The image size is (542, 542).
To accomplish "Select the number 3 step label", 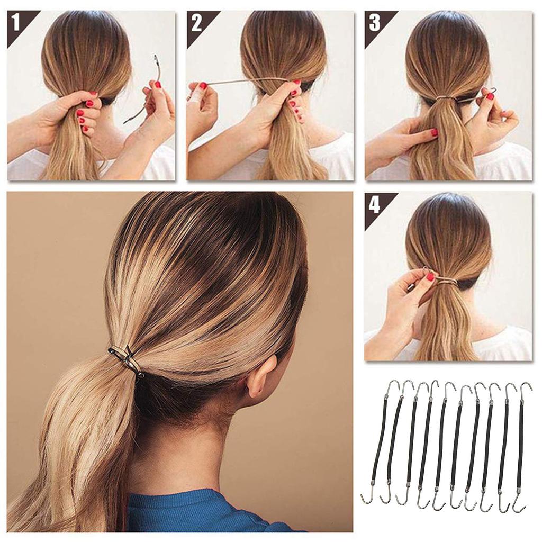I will [x=374, y=22].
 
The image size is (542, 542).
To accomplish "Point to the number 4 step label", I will [x=374, y=204].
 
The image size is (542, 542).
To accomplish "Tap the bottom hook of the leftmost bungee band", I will [x=367, y=498].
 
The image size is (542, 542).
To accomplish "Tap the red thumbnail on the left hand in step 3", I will [x=433, y=132].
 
